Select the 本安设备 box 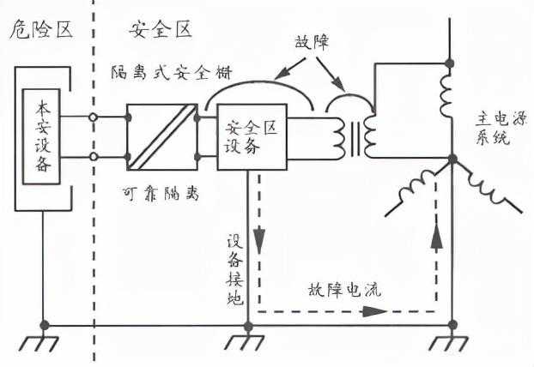[43, 137]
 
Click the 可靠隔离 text [161, 196]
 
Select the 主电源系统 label [494, 136]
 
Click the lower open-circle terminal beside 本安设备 [93, 158]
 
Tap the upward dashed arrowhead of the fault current [436, 237]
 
